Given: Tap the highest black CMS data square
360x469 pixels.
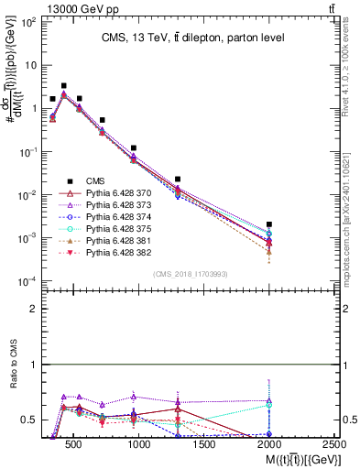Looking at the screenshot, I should coord(63,86).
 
